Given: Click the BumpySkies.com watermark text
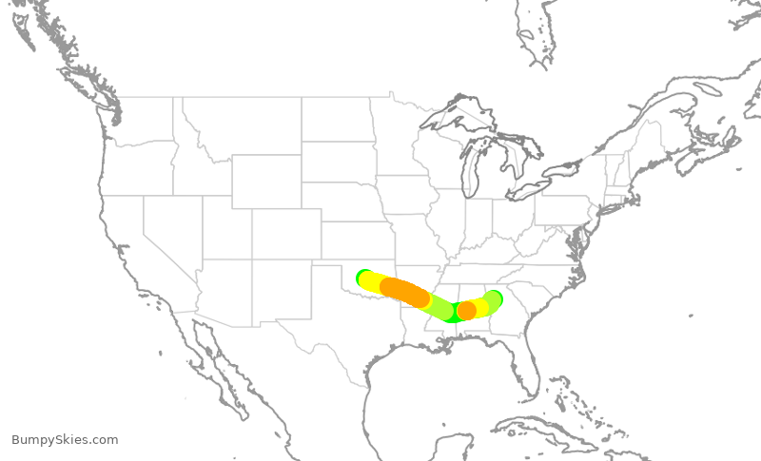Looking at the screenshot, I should [65, 439].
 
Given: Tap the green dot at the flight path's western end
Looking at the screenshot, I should [363, 277].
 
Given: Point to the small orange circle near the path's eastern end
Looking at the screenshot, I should [466, 311].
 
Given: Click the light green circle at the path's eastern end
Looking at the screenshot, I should [493, 299].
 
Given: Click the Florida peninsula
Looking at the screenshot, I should [529, 366].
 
